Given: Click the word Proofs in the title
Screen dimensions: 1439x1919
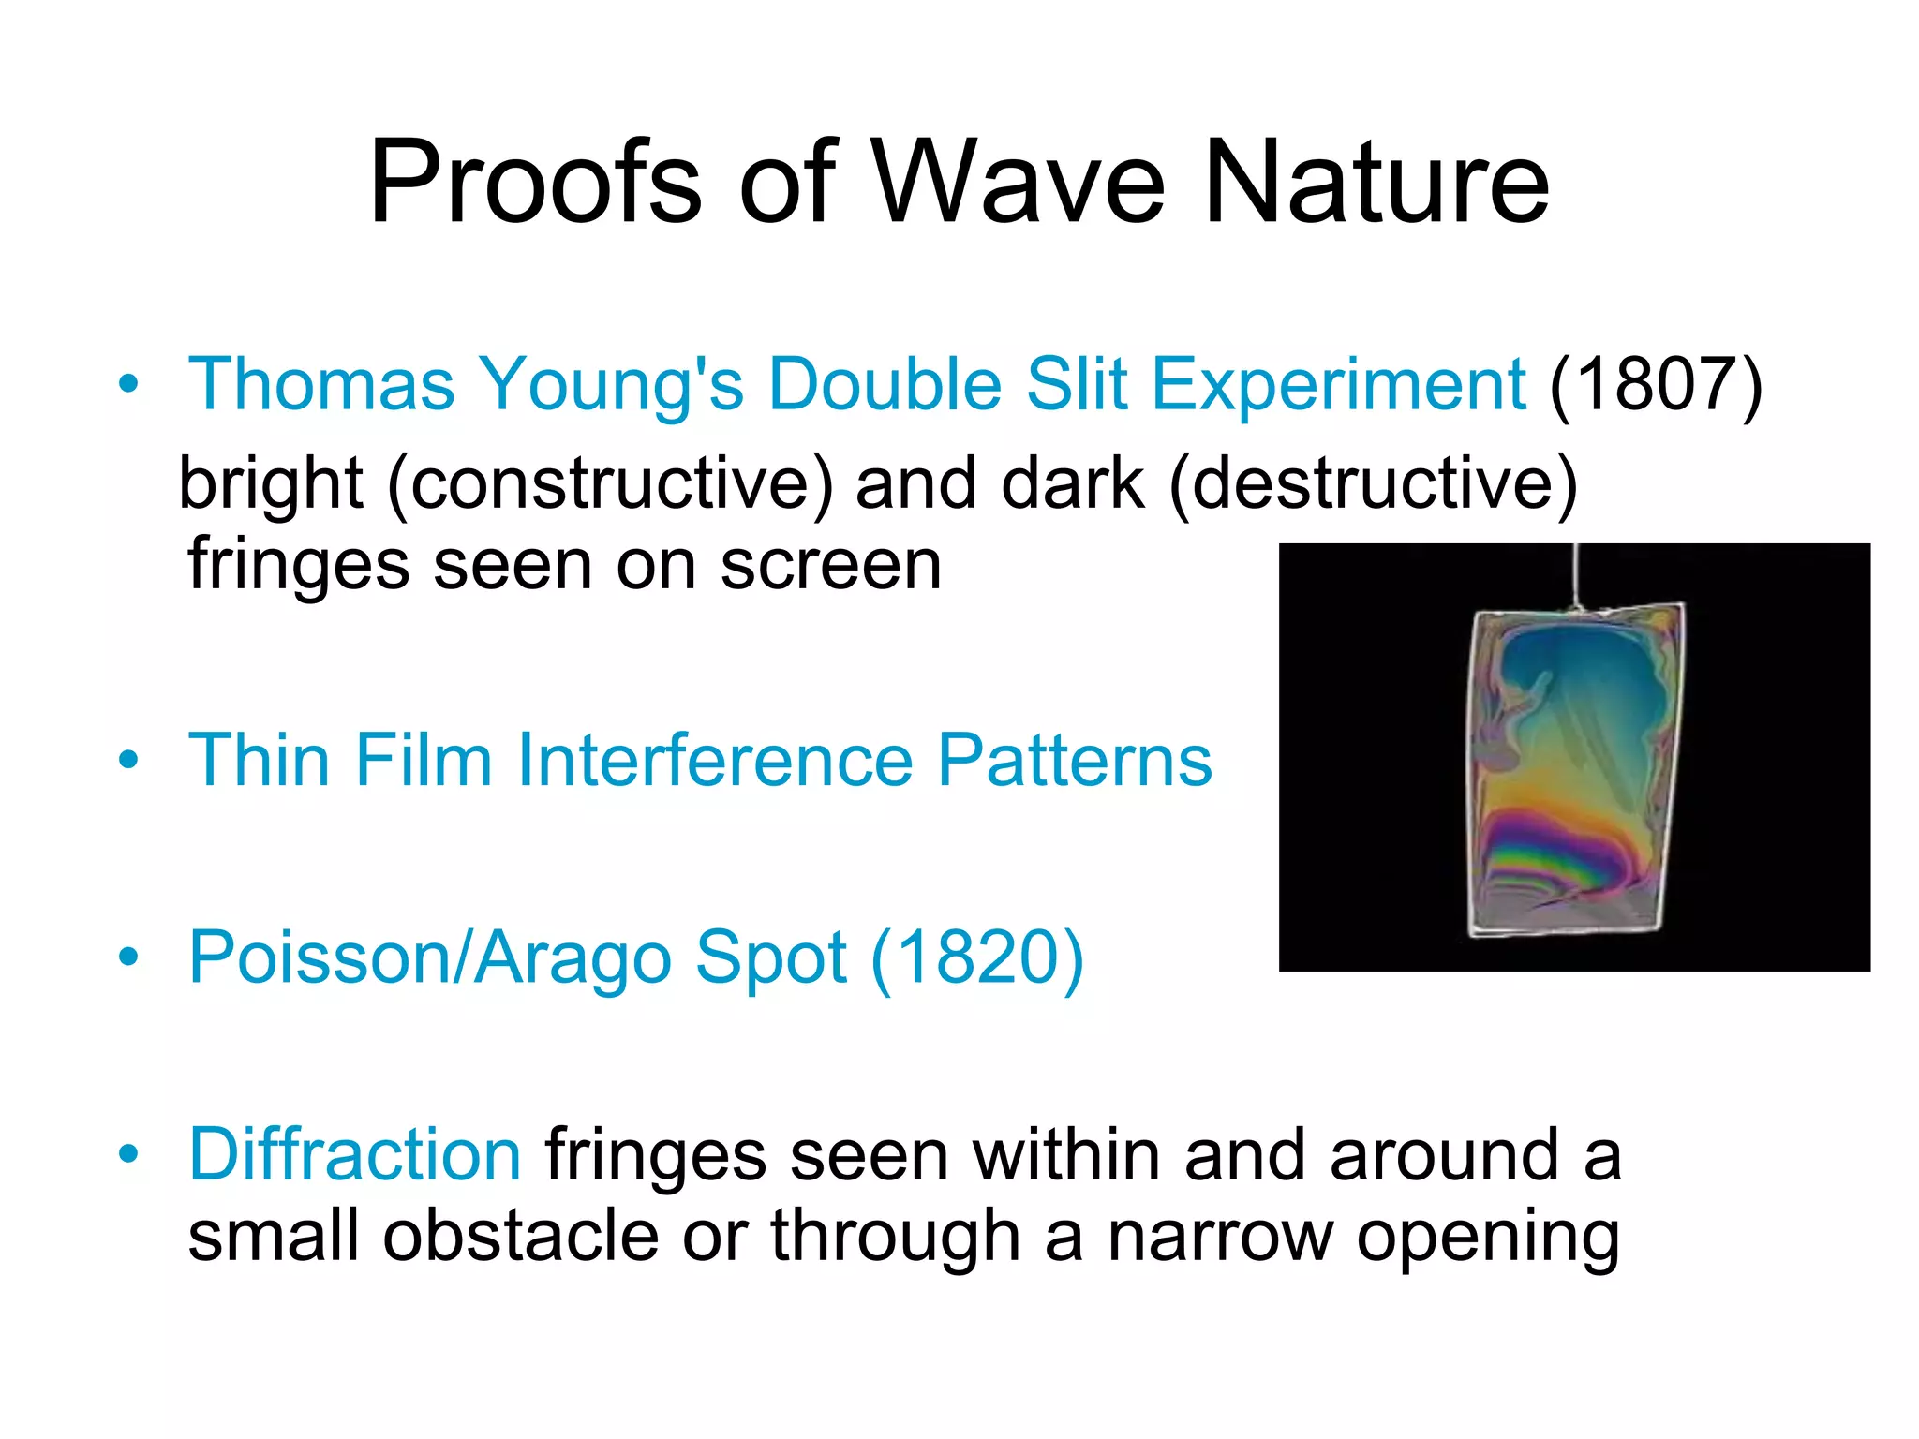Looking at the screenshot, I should coord(535,183).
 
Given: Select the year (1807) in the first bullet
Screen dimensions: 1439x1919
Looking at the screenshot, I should coord(1656,384).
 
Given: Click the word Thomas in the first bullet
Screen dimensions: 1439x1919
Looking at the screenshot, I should coord(321,384).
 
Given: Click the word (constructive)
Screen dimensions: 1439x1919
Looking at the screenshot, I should coord(609,485).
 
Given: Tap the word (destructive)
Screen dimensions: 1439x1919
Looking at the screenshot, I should coord(1374,485).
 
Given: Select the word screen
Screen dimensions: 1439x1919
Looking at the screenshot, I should coord(830,566).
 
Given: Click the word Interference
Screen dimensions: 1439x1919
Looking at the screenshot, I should coord(715,760).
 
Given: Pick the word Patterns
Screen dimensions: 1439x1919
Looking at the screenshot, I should coord(1075,760).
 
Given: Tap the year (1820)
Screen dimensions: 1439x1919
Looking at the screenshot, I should coord(977,957).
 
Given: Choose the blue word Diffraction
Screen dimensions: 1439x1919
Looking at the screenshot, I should coord(355,1154).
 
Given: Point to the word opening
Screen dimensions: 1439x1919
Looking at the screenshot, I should coord(1488,1237).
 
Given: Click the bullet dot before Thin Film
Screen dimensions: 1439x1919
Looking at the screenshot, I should coord(129,760).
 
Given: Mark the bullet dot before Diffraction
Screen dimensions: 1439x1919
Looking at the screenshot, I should coord(129,1154).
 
